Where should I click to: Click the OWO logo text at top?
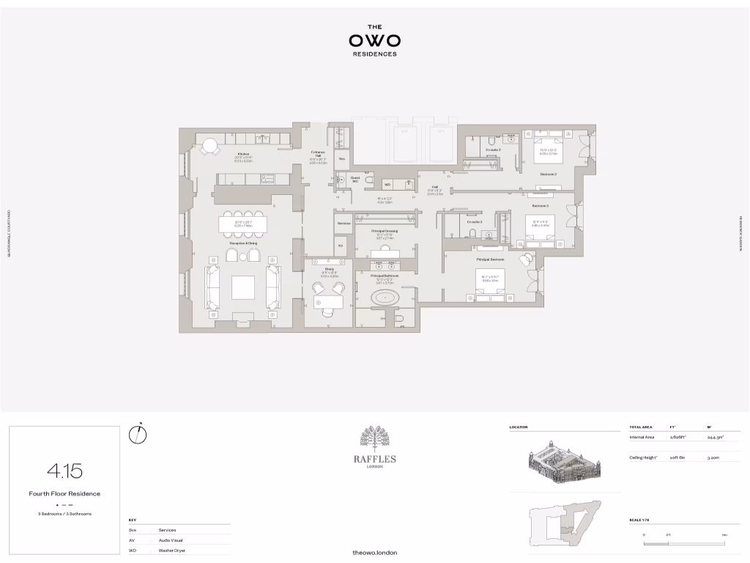[374, 41]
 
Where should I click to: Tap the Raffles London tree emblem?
[374, 439]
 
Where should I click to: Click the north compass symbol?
[138, 435]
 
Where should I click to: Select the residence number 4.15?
[64, 470]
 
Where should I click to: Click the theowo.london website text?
[374, 552]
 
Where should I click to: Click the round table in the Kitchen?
[210, 147]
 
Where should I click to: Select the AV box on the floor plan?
[340, 246]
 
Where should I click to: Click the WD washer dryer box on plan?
[387, 185]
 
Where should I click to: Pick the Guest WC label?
[355, 180]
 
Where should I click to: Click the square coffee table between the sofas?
[243, 287]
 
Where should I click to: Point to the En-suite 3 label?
[475, 221]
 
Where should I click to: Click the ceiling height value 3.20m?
[713, 457]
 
